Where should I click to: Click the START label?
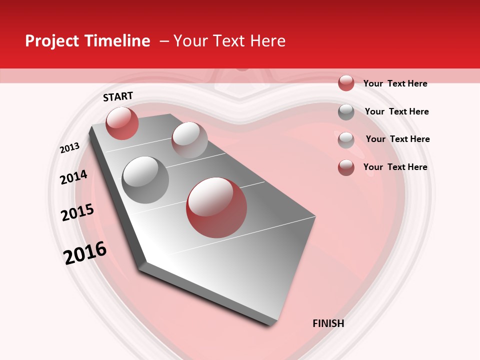click(118, 96)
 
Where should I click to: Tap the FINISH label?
click(328, 323)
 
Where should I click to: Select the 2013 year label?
click(69, 148)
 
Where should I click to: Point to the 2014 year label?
click(73, 177)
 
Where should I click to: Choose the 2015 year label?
click(77, 212)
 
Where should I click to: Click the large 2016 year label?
click(85, 252)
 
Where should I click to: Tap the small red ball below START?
click(122, 123)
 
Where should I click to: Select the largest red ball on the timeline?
click(216, 207)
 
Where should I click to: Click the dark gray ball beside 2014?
click(145, 180)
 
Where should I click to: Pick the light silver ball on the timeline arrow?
click(189, 140)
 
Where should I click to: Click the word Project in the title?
click(52, 41)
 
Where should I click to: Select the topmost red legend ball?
click(346, 83)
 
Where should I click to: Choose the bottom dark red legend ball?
click(346, 167)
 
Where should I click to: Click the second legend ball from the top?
click(346, 112)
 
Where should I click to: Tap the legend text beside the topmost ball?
click(395, 83)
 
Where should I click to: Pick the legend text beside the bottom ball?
click(395, 167)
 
